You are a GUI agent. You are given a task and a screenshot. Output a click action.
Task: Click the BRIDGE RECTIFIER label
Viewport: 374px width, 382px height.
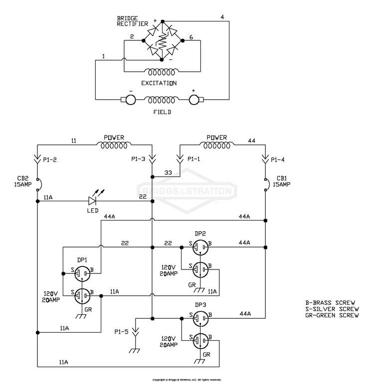[x=133, y=21]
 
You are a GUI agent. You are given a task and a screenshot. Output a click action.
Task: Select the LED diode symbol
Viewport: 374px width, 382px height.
[x=92, y=201]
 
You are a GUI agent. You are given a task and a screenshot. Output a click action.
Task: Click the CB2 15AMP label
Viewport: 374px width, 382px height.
[x=22, y=181]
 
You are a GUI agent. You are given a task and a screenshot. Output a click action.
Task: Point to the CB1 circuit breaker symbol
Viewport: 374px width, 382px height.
[x=267, y=185]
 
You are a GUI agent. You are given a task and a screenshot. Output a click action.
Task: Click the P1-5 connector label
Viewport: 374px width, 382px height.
[x=121, y=332]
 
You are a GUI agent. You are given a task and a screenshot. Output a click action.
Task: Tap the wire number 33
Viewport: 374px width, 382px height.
[x=168, y=173]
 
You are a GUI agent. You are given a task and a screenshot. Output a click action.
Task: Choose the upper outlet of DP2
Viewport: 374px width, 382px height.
[x=200, y=248]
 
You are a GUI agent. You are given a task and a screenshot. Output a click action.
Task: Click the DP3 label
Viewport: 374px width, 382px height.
[x=200, y=305]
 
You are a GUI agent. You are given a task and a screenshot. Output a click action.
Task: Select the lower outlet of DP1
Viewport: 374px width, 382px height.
[x=82, y=296]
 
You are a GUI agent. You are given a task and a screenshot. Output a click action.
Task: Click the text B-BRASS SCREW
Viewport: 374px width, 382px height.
[x=330, y=303]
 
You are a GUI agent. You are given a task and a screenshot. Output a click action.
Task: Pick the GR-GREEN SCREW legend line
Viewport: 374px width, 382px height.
[x=332, y=315]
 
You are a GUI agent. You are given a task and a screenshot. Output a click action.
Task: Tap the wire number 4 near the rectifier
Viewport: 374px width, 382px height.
[x=222, y=17]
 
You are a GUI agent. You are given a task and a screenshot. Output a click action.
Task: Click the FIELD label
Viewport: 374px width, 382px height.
[x=162, y=112]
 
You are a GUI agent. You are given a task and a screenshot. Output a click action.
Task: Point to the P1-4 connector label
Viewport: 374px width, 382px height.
[x=278, y=160]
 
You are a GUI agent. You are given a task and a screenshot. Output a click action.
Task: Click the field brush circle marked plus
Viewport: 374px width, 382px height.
[x=193, y=100]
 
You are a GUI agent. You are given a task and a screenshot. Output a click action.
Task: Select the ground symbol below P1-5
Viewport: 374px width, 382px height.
[x=135, y=351]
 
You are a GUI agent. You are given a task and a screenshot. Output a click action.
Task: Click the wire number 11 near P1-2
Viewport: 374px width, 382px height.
[x=74, y=140]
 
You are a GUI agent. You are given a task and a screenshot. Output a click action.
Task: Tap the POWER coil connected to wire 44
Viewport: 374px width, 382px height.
[x=216, y=145]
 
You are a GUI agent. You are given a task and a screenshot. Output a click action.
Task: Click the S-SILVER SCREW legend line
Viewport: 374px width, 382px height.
[x=332, y=309]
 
